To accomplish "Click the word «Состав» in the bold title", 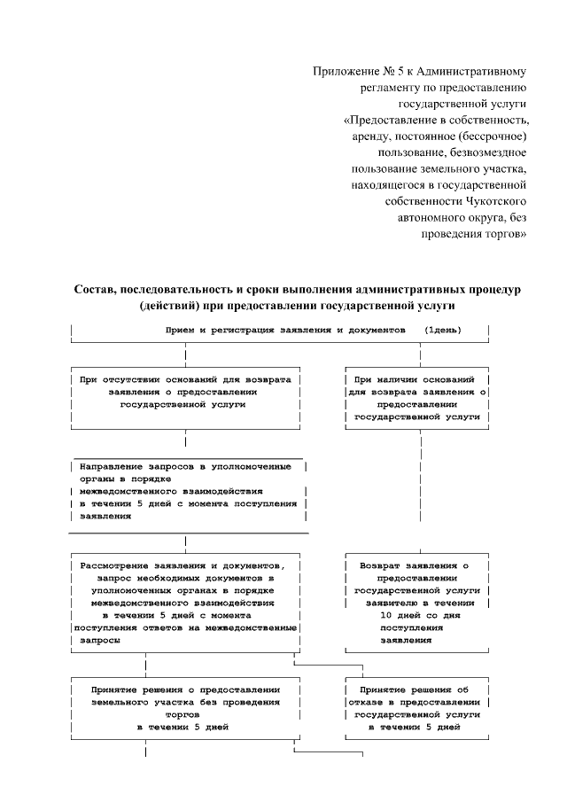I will tap(96, 290).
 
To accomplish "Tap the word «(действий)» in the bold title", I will tap(167, 307).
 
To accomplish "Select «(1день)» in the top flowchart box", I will tap(442, 330).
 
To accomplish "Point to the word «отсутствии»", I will tap(135, 378).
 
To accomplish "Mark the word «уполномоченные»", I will tap(262, 464).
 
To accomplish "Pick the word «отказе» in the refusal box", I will tap(371, 700).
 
